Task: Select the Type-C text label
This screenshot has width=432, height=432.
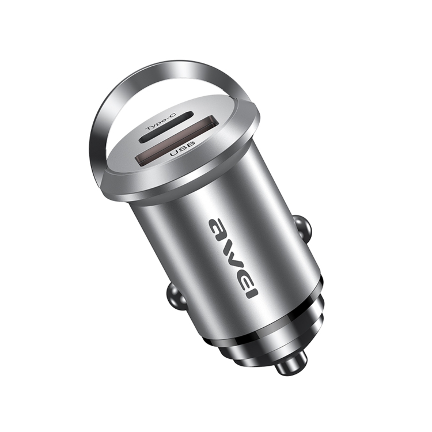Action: [161, 122]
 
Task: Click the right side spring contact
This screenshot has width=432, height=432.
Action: [302, 228]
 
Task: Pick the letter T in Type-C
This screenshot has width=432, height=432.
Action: [150, 128]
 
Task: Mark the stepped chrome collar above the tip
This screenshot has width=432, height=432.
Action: [271, 348]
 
